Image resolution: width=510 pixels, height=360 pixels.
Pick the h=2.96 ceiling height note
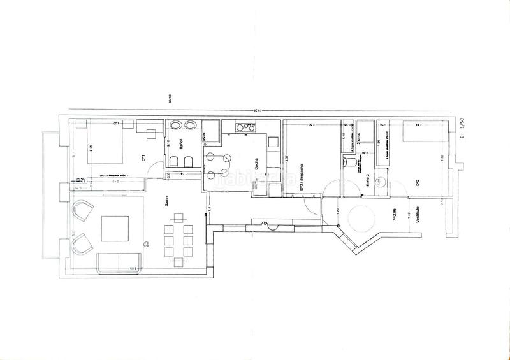click(395, 215)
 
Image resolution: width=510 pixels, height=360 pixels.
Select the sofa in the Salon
click(118, 261)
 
